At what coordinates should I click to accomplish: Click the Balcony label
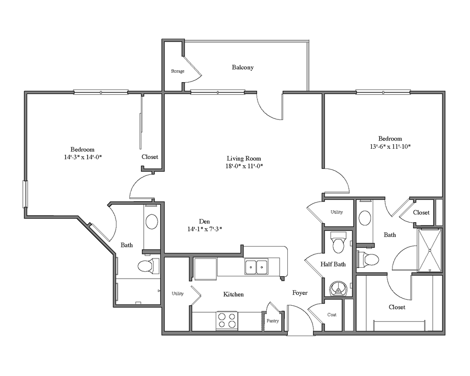[242, 67]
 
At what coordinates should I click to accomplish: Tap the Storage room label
[178, 71]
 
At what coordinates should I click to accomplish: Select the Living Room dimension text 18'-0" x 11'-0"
[244, 166]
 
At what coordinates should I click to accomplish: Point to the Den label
[205, 221]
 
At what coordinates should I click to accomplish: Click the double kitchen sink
[256, 267]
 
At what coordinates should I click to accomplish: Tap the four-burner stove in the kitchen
[227, 320]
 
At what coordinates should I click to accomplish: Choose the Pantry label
[273, 321]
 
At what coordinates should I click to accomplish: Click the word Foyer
[300, 293]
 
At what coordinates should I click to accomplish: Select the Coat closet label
[332, 314]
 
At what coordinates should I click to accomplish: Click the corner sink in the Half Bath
[339, 288]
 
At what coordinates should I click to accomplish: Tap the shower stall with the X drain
[430, 250]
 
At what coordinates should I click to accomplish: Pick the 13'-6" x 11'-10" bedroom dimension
[390, 147]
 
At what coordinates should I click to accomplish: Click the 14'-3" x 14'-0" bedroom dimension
[83, 157]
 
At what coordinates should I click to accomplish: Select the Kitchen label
[234, 294]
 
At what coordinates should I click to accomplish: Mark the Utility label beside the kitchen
[178, 293]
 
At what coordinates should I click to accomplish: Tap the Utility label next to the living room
[337, 212]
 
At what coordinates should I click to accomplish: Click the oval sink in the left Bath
[151, 222]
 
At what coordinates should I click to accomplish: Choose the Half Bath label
[333, 264]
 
